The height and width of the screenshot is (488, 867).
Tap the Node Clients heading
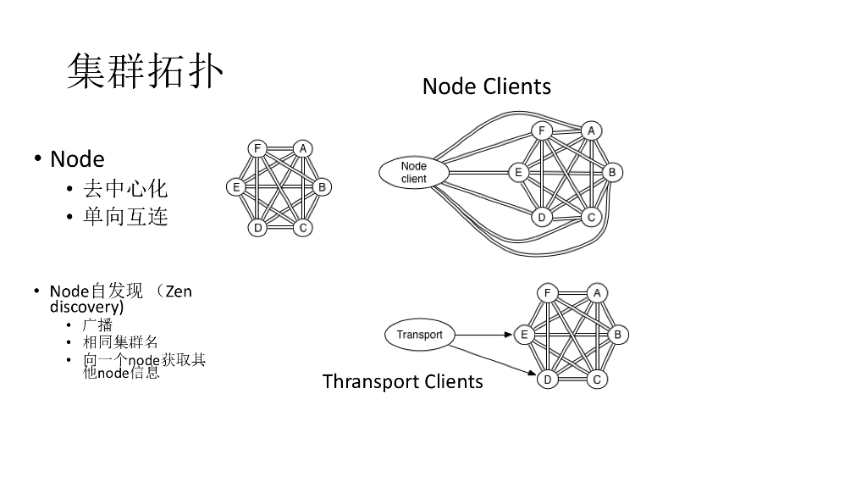[486, 86]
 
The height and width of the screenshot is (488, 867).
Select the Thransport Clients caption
[402, 381]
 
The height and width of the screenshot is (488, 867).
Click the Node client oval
[414, 172]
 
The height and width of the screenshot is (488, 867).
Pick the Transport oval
[419, 335]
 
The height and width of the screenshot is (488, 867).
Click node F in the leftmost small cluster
[257, 149]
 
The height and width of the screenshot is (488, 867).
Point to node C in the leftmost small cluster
[303, 227]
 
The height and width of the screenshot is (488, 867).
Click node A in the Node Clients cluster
[592, 130]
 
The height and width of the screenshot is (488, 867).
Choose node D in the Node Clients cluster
[542, 218]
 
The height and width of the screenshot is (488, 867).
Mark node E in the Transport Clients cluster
[524, 335]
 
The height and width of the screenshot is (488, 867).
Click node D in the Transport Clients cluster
[548, 379]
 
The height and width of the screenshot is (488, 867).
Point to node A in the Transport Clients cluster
[596, 293]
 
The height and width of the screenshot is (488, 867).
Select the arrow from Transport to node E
[483, 335]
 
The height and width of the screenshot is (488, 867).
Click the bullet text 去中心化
[125, 188]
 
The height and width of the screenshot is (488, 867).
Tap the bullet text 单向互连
[125, 217]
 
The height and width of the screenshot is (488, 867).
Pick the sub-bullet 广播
[97, 324]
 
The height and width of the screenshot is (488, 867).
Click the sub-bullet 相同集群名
[120, 342]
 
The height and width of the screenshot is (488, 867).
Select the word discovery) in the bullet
[86, 306]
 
